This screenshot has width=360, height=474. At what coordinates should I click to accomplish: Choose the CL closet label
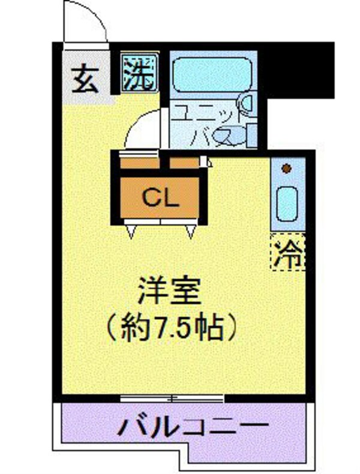(160, 197)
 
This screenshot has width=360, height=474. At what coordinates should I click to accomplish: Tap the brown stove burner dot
(287, 169)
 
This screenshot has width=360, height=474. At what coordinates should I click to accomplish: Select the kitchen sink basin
(287, 204)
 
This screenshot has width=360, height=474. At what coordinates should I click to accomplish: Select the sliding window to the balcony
(172, 397)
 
